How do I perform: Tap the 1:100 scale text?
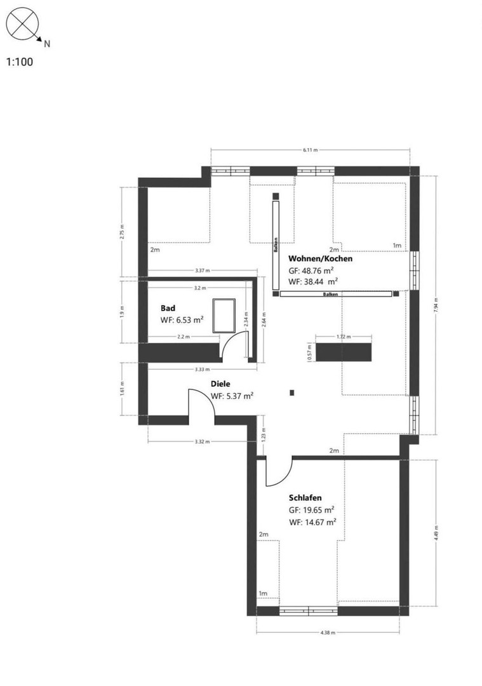pos(20,62)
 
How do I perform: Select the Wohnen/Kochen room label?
pos(320,259)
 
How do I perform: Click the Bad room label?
pos(168,308)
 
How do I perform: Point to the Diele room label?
pos(220,384)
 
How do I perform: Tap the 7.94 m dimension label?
pos(437,306)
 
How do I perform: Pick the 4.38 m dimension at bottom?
pos(328,633)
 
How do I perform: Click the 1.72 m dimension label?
pos(344,336)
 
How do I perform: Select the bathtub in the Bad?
pos(224,316)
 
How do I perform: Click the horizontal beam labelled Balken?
pos(336,294)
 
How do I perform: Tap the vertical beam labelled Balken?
pos(276,244)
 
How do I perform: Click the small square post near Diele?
pos(291,393)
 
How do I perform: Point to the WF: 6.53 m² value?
pos(182,320)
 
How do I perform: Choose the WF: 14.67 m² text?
pos(312,521)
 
